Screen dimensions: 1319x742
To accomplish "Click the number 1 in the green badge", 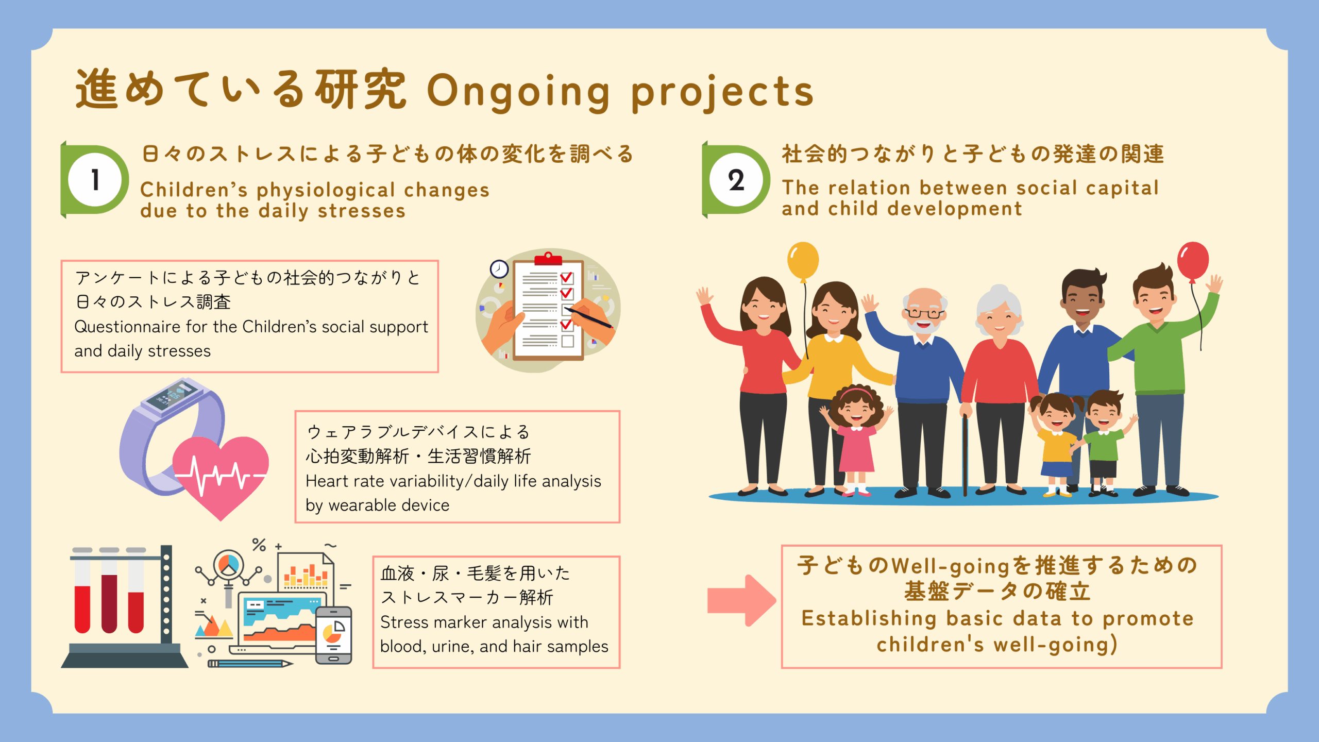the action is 95,180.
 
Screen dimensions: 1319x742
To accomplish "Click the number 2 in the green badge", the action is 736,180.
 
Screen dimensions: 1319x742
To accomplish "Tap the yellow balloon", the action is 803,261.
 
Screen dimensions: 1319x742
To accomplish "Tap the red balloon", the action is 1193,261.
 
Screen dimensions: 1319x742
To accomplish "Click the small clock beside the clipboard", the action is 499,269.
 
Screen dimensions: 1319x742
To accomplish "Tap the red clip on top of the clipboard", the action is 548,258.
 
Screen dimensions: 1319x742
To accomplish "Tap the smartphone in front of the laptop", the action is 333,635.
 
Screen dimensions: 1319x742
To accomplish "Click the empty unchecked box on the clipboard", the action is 567,341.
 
